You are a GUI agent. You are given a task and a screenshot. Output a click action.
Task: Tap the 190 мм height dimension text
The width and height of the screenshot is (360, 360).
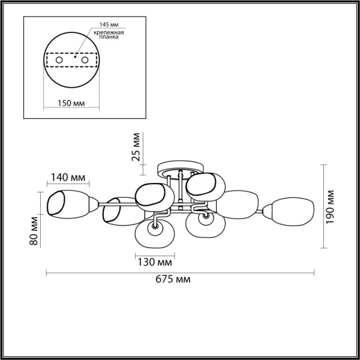(x=331, y=206)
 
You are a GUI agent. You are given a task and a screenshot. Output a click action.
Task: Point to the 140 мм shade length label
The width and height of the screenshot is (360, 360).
(x=67, y=178)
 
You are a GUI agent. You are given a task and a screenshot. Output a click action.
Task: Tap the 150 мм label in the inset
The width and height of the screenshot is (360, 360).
(x=71, y=103)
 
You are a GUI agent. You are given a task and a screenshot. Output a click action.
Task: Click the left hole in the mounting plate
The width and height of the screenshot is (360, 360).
(x=59, y=61)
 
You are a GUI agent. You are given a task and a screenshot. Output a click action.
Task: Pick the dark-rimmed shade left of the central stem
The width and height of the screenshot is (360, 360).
(x=154, y=196)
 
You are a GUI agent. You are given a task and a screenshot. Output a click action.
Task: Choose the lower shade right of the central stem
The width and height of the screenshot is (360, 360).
(x=205, y=227)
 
